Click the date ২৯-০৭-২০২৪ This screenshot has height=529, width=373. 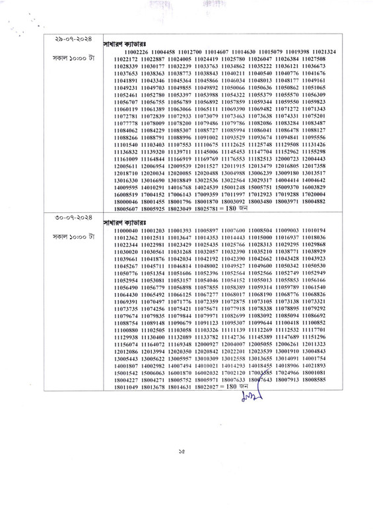tap(69, 40)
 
